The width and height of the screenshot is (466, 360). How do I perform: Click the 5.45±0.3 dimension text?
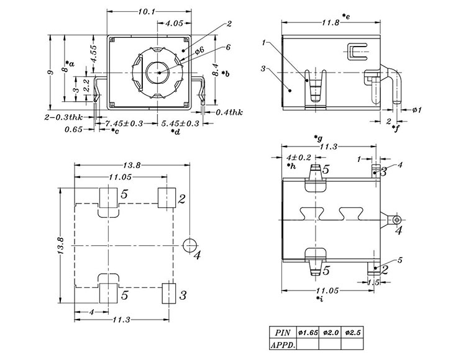pyautogui.click(x=180, y=124)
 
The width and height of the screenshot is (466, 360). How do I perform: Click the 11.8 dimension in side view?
pyautogui.click(x=330, y=23)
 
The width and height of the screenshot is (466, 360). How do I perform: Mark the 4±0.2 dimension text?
pyautogui.click(x=300, y=158)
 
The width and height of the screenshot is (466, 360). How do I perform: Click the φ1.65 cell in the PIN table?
pyautogui.click(x=309, y=333)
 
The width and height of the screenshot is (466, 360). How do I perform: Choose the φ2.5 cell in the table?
pyautogui.click(x=354, y=333)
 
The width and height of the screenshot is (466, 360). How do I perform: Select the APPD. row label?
pyautogui.click(x=283, y=344)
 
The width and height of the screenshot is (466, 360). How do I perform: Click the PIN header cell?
pyautogui.click(x=283, y=333)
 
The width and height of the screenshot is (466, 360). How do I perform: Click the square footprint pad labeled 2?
pyautogui.click(x=165, y=199)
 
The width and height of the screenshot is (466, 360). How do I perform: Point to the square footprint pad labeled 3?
pyautogui.click(x=168, y=294)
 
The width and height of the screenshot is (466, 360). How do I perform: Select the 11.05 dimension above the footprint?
pyautogui.click(x=122, y=178)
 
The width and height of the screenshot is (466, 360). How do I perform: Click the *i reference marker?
pyautogui.click(x=319, y=299)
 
